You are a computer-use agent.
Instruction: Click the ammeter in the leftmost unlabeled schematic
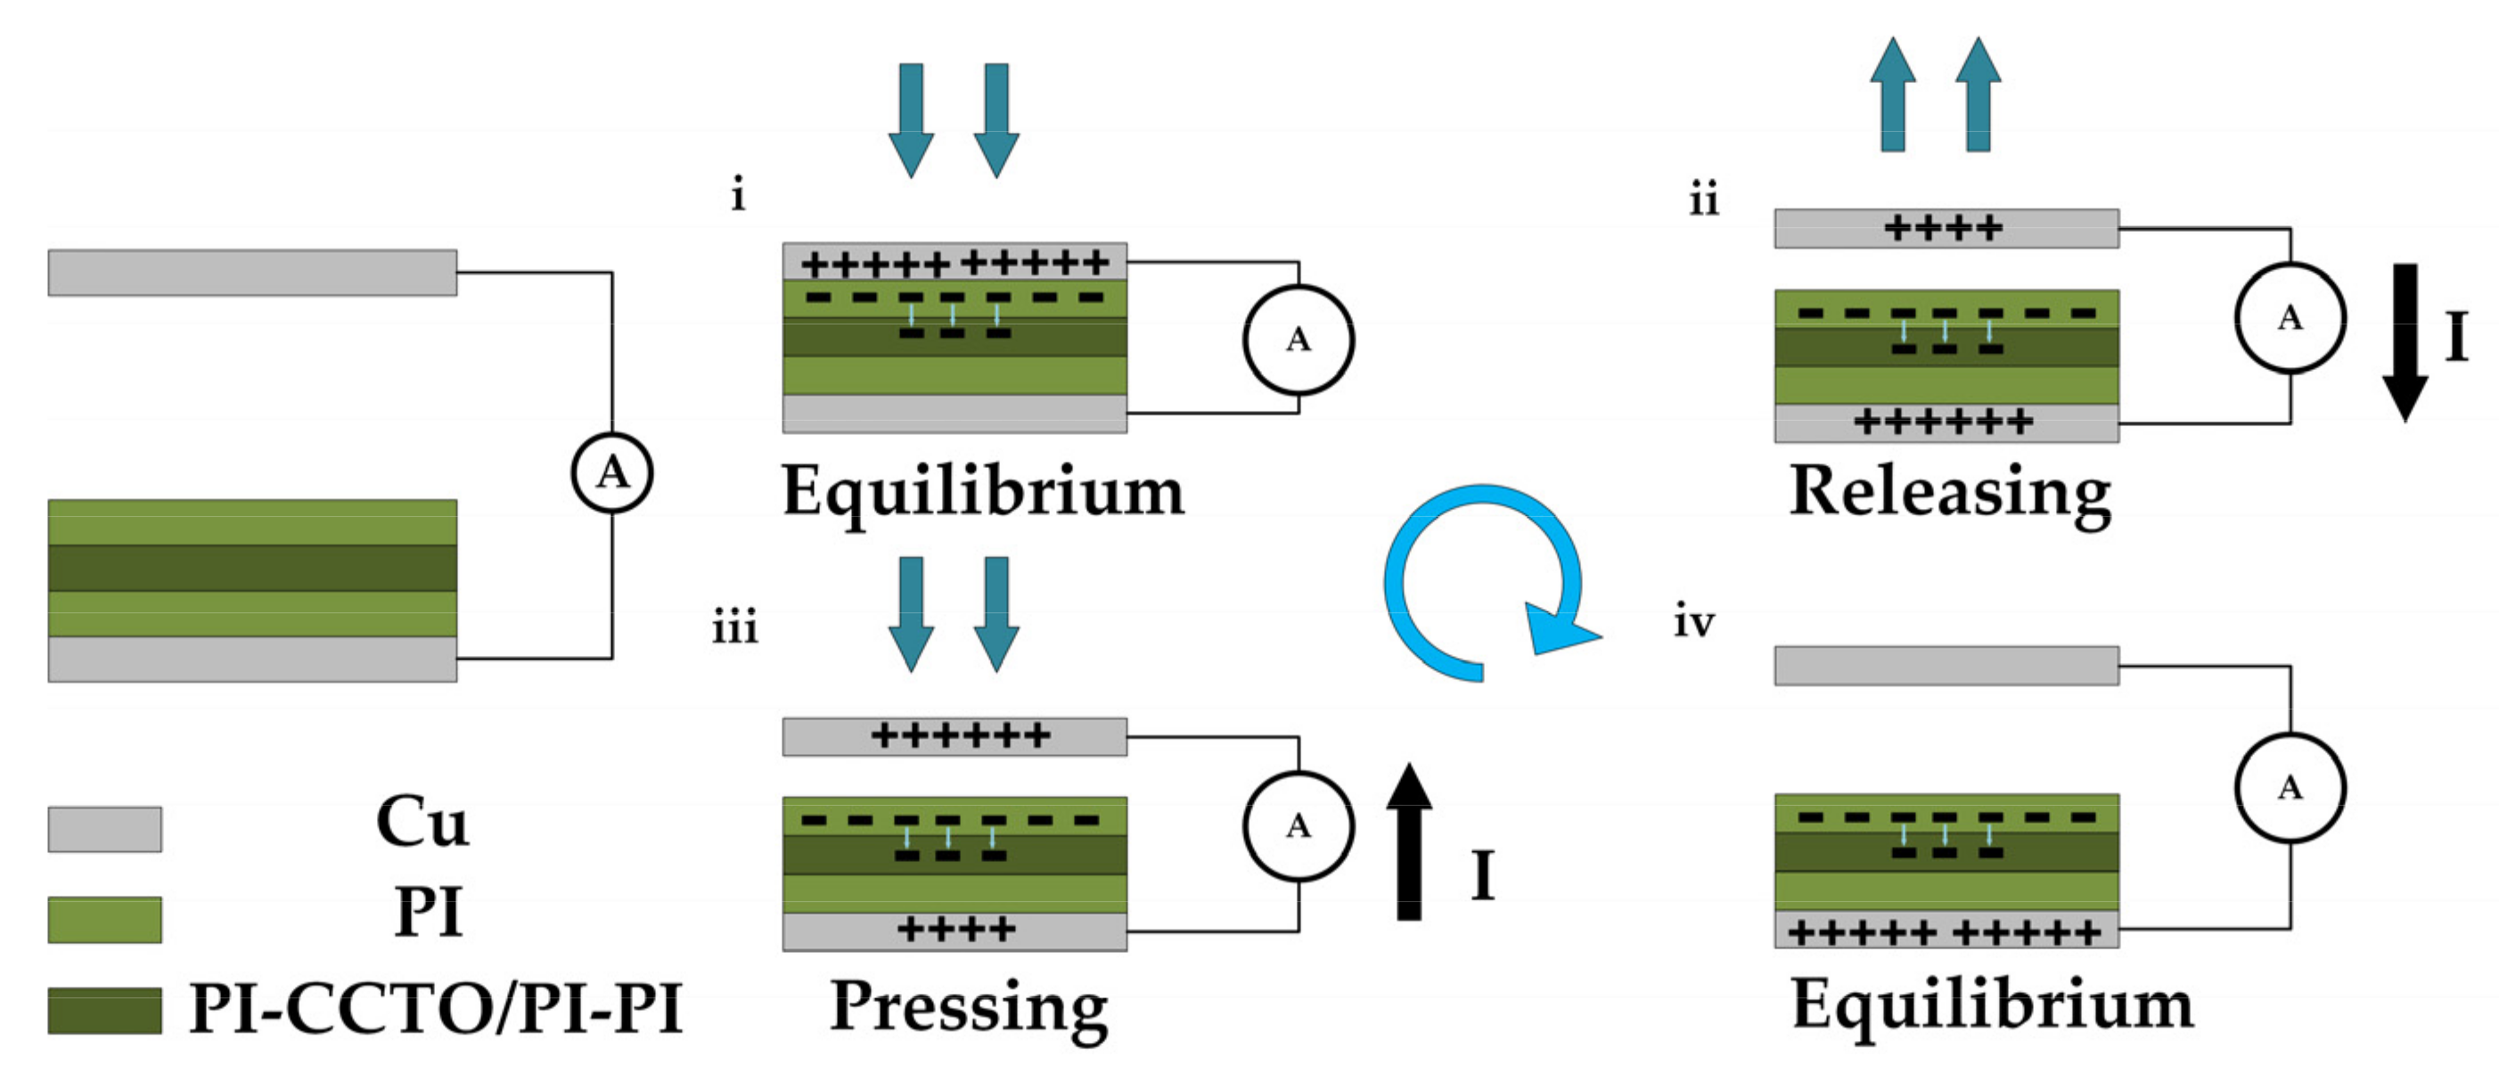611,472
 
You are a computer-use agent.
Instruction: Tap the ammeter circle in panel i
1298,340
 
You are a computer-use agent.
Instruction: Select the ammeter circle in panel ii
2290,317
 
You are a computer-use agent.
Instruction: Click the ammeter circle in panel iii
1298,826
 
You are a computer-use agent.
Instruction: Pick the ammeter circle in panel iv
2290,787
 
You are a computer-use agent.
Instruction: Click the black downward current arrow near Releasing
2404,341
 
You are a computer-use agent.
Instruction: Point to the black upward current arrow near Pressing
1409,841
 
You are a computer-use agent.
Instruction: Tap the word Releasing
1950,493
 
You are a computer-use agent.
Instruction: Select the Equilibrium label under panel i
983,493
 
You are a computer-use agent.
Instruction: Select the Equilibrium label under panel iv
1992,1005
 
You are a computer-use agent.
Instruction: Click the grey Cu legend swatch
105,829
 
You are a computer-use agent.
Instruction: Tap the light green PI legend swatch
105,919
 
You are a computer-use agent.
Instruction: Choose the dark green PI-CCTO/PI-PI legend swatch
105,1010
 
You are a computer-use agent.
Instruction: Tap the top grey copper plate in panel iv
1946,666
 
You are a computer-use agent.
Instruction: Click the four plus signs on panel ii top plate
1942,229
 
